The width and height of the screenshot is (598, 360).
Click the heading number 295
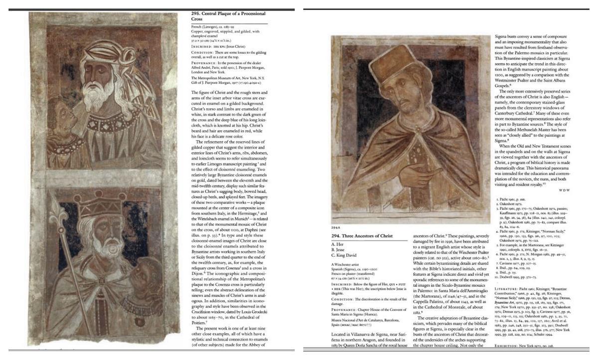(x=197, y=13)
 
